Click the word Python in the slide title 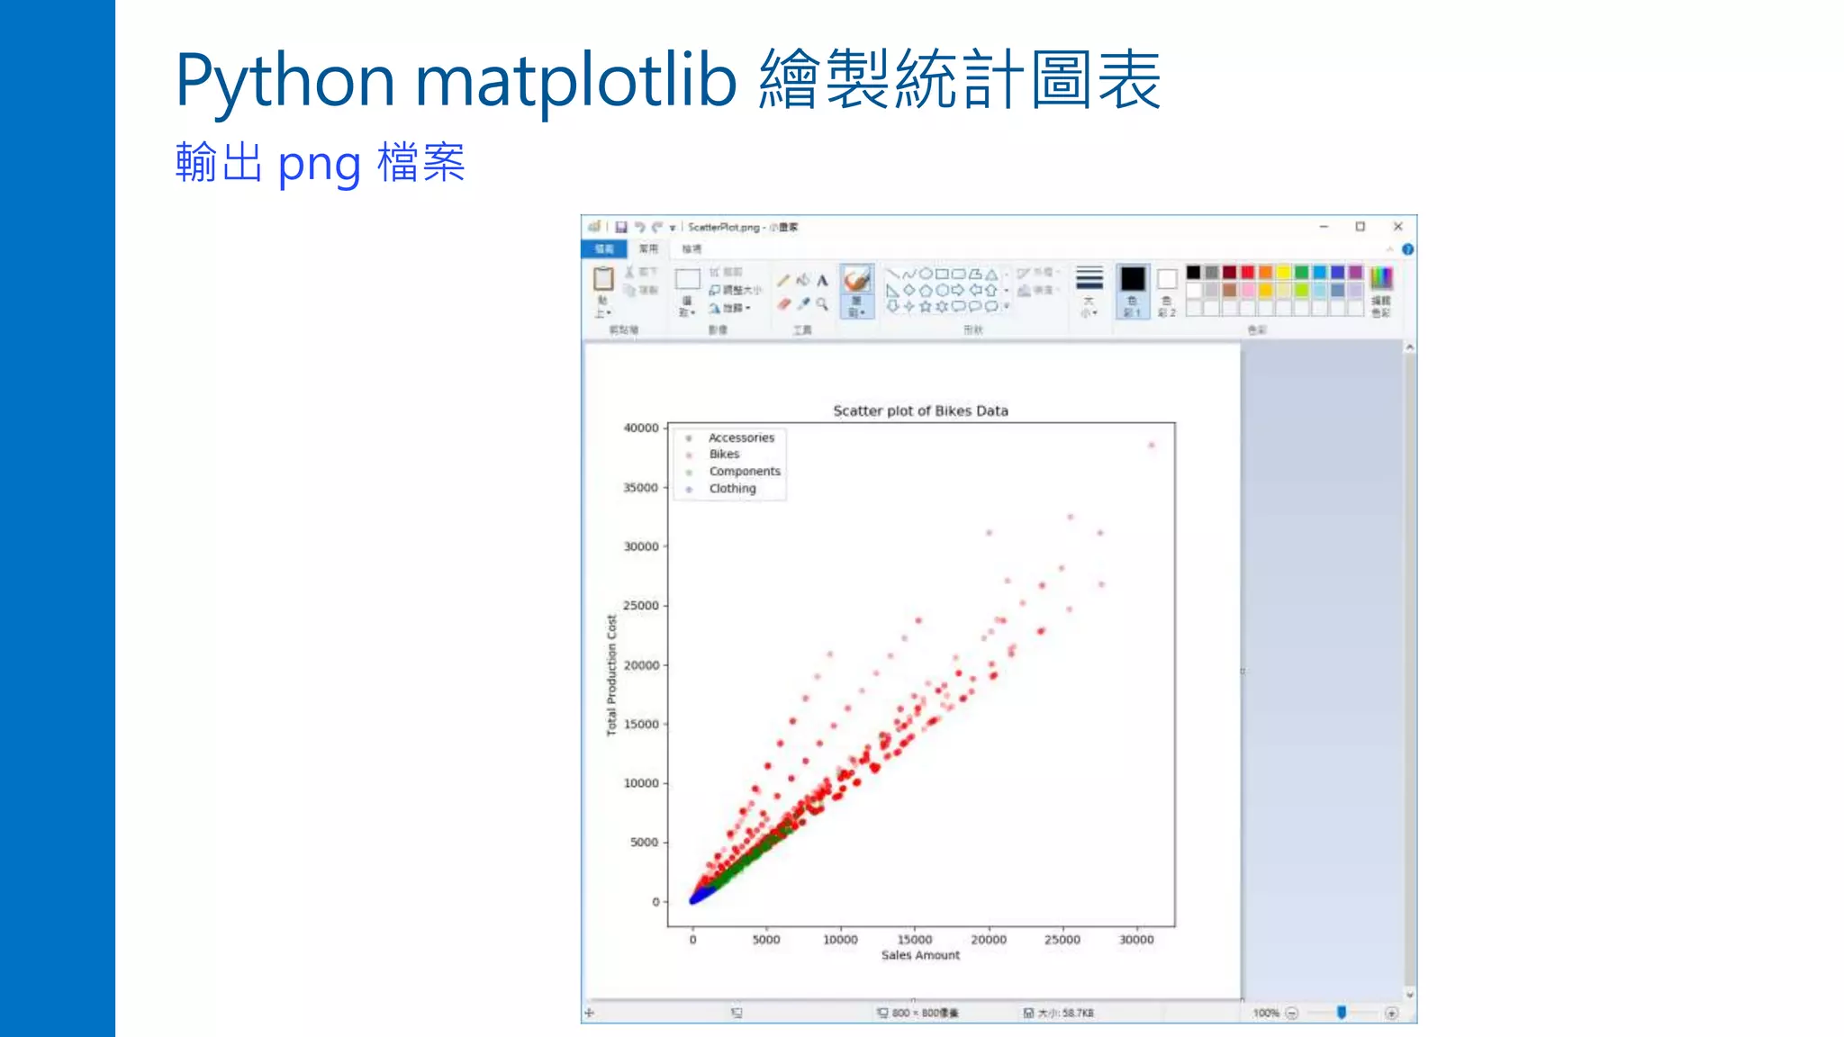tap(285, 81)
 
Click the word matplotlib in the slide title tap(575, 81)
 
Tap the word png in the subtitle tap(319, 165)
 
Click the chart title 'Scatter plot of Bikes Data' tap(920, 410)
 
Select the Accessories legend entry tap(740, 437)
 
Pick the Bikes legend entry tap(724, 455)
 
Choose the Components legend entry tap(744, 472)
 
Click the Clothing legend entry tap(732, 489)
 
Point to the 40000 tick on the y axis tap(641, 428)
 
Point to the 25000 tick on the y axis tap(641, 606)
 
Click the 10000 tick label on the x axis tap(840, 940)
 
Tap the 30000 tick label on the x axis tap(1136, 940)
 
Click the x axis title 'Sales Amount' tap(920, 955)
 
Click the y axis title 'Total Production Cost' tap(612, 675)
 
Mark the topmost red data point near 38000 tap(1152, 445)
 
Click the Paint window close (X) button tap(1397, 227)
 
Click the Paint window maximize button tap(1360, 227)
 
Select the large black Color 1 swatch tap(1133, 279)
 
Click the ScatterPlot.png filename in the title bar tap(724, 228)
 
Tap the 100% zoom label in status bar tap(1265, 1014)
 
